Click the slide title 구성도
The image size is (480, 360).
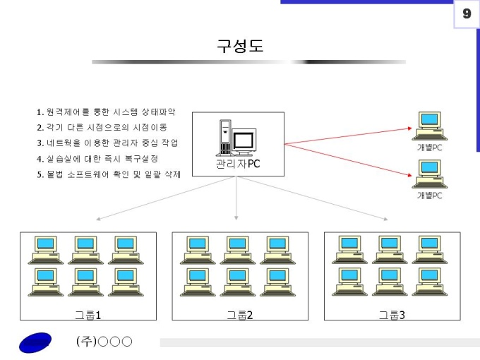(x=240, y=46)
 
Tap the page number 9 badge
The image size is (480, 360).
(x=467, y=14)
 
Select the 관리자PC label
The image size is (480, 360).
(x=239, y=164)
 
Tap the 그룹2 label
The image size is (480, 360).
(x=240, y=314)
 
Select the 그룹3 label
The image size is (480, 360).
(x=392, y=314)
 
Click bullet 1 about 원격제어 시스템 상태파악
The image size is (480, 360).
(x=105, y=112)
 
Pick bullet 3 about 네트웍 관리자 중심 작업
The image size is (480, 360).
(x=107, y=143)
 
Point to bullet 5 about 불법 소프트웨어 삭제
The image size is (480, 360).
(x=109, y=174)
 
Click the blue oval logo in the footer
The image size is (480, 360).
(x=35, y=342)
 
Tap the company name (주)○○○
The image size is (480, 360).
(x=104, y=342)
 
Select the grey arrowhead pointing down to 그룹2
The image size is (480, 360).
(x=236, y=217)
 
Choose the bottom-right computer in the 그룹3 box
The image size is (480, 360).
(x=428, y=281)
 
